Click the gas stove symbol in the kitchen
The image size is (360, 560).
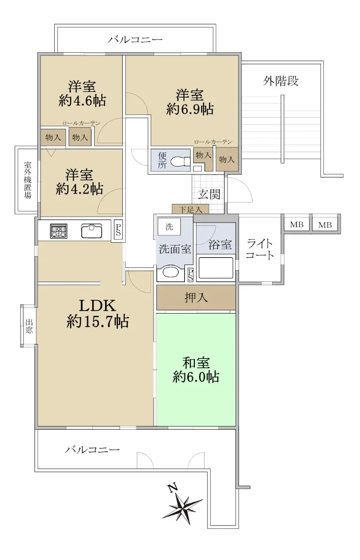point(58,231)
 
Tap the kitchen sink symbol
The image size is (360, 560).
point(92,231)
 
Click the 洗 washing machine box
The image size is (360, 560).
point(169,226)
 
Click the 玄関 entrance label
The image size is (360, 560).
point(209,194)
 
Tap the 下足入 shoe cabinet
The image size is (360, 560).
point(191,209)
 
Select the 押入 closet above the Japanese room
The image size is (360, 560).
point(196,298)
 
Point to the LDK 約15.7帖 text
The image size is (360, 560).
point(98,314)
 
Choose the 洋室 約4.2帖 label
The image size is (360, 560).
point(79,182)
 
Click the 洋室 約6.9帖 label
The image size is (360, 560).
point(190,102)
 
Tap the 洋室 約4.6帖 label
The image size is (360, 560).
point(82,94)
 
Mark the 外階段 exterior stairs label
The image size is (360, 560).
point(281,81)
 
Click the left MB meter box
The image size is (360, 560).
point(296,224)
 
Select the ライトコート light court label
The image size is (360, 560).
point(259,249)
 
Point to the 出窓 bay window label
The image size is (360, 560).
point(29,326)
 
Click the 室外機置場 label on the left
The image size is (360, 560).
point(28,180)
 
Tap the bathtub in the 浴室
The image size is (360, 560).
point(216,268)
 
